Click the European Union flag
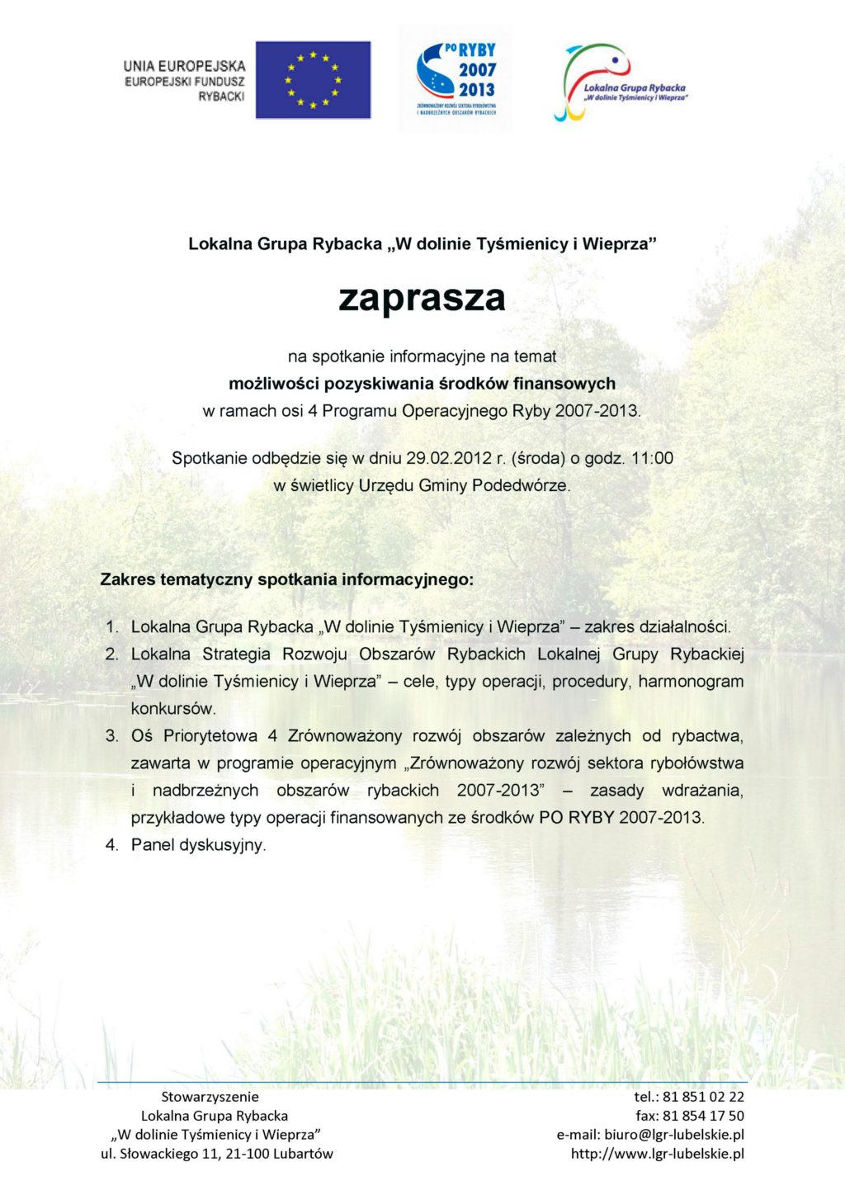pyautogui.click(x=313, y=80)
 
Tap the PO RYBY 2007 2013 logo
pyautogui.click(x=456, y=79)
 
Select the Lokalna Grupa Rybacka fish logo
pyautogui.click(x=620, y=83)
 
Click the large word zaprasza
pyautogui.click(x=422, y=298)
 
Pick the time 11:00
pyautogui.click(x=652, y=458)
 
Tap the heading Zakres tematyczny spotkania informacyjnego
pyautogui.click(x=287, y=579)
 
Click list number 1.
pyautogui.click(x=112, y=627)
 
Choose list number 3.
pyautogui.click(x=112, y=736)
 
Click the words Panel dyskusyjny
pyautogui.click(x=198, y=845)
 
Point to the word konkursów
pyautogui.click(x=173, y=708)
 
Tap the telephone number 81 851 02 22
pyautogui.click(x=703, y=1097)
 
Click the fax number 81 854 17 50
pyautogui.click(x=703, y=1116)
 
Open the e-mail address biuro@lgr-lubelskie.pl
pyautogui.click(x=673, y=1135)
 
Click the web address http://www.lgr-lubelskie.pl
pyautogui.click(x=658, y=1154)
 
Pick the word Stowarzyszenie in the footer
pyautogui.click(x=210, y=1097)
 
